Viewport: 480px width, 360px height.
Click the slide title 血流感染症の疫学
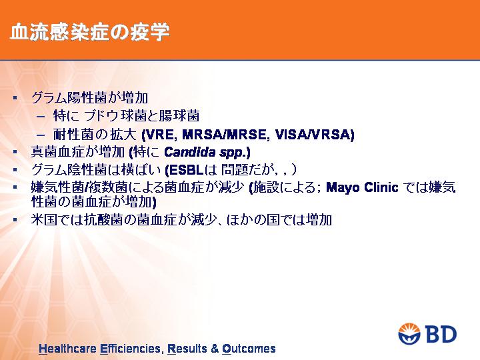tap(90, 33)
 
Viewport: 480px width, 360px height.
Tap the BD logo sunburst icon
tap(409, 334)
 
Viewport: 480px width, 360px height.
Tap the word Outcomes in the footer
tap(249, 349)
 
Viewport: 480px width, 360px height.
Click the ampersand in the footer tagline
tap(215, 349)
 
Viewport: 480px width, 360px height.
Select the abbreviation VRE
tap(161, 134)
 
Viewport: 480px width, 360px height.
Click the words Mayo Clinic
tap(362, 187)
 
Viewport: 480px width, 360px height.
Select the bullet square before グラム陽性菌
tap(15, 98)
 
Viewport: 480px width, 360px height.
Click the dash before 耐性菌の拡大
tap(41, 135)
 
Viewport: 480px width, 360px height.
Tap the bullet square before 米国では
tap(15, 219)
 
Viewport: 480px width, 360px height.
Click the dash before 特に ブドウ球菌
tap(41, 117)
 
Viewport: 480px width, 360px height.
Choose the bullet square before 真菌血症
tap(15, 152)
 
